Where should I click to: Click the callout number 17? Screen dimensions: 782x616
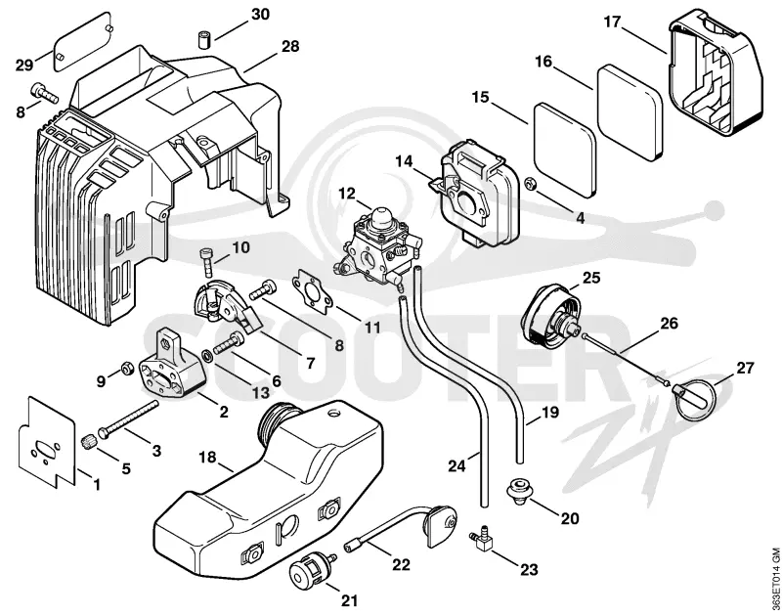tap(613, 22)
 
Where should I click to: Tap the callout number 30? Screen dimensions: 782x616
tap(260, 15)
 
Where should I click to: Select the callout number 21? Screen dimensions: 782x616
tap(350, 587)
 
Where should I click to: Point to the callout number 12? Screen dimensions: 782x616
tap(348, 193)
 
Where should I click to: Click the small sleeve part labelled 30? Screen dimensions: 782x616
tap(203, 39)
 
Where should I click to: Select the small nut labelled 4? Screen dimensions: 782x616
tap(532, 184)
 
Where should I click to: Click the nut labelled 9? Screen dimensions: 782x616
tap(127, 370)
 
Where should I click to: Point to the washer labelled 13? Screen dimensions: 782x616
tap(206, 356)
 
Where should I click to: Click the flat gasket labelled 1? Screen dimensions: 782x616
tap(47, 439)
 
